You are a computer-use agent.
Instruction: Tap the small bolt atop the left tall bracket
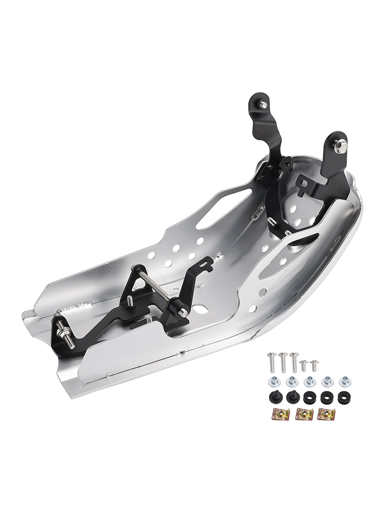[x=262, y=105]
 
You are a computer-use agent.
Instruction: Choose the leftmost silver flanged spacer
[x=273, y=382]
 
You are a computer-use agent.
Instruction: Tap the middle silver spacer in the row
[x=310, y=382]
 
